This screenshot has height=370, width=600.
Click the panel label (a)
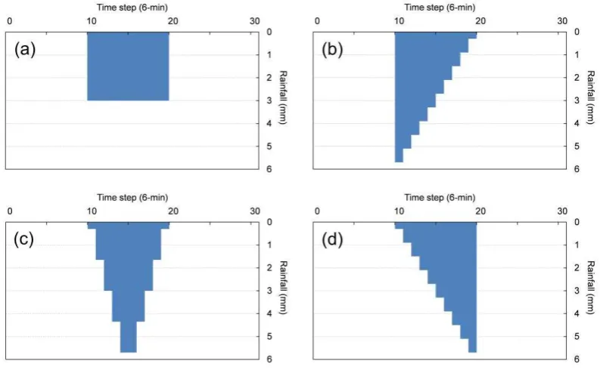pos(25,50)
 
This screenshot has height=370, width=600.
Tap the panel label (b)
pos(332,50)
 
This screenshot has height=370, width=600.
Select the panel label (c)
pos(23,239)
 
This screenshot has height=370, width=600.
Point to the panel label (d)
pos(332,240)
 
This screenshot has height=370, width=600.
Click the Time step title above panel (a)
pos(132,8)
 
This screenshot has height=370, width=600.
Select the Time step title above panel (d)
pos(440,197)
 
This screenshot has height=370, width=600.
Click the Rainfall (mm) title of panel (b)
pos(591,97)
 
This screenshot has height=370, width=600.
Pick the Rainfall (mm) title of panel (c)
pos(283,288)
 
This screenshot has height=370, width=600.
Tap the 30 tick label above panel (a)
pos(255,21)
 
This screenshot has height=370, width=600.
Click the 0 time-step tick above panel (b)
pos(317,21)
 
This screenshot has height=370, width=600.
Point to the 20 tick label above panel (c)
pos(173,211)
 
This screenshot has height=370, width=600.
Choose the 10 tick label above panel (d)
pos(399,211)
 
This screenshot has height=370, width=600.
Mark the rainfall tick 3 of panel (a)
pos(269,100)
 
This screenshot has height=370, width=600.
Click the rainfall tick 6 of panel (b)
pos(577,169)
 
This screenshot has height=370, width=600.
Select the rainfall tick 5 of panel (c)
pos(269,337)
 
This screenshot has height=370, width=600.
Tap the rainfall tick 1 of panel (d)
pos(577,245)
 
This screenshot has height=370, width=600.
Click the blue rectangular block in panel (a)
pos(128,66)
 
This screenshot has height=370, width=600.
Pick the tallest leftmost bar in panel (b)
pos(399,97)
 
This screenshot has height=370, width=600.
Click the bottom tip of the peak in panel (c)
pos(128,352)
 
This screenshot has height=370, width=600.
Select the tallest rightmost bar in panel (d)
pos(473,287)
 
